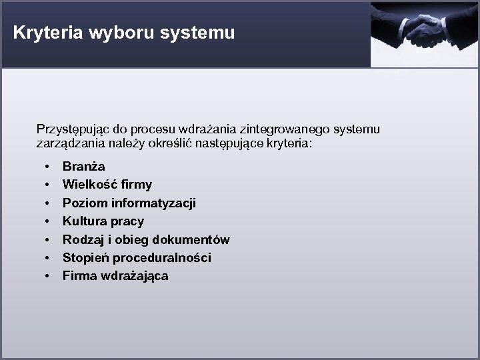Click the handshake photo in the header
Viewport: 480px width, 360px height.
[425, 33]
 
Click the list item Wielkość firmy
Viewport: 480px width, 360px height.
[107, 184]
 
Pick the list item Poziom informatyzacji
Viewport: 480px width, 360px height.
[129, 203]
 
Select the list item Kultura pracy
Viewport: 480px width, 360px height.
[103, 221]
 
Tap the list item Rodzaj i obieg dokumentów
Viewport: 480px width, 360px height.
[146, 239]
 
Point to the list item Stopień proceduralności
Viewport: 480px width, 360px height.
[137, 257]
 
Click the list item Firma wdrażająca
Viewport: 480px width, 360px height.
[115, 275]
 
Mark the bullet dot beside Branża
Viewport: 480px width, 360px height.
[48, 166]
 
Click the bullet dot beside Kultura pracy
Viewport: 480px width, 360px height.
[48, 221]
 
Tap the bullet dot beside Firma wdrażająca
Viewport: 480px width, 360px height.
[48, 275]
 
